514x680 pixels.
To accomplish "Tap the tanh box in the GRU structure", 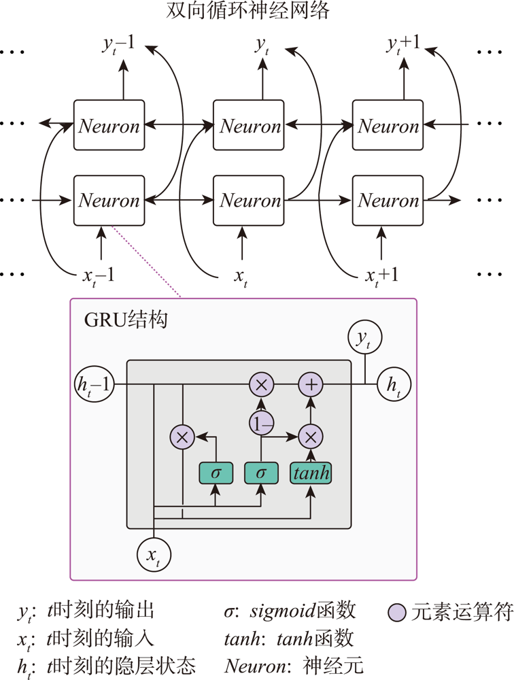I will pyautogui.click(x=311, y=473).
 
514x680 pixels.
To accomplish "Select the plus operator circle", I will pyautogui.click(x=311, y=385).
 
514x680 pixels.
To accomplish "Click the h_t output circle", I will pyautogui.click(x=393, y=385).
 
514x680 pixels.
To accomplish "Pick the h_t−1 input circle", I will pyautogui.click(x=93, y=385).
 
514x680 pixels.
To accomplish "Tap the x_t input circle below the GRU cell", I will pyautogui.click(x=154, y=556).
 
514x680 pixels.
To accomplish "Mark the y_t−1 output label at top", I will pyautogui.click(x=118, y=46).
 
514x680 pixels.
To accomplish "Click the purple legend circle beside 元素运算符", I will pyautogui.click(x=397, y=613).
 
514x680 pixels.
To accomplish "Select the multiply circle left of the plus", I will pyautogui.click(x=262, y=385).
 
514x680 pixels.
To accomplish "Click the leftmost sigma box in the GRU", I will pyautogui.click(x=216, y=473).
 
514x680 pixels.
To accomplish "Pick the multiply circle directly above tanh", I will pyautogui.click(x=311, y=436).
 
